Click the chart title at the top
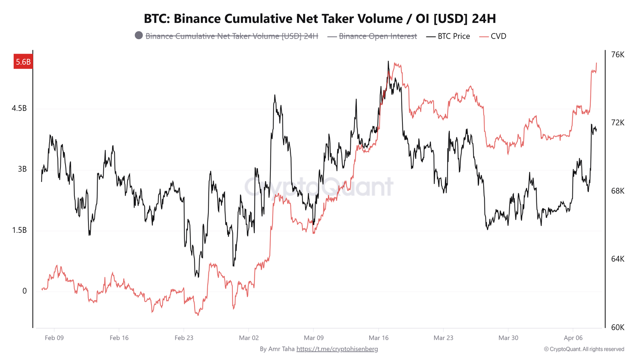pyautogui.click(x=320, y=18)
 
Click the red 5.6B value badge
pyautogui.click(x=23, y=62)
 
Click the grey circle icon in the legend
pyautogui.click(x=139, y=36)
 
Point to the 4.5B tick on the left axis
pyautogui.click(x=19, y=108)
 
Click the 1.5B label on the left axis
pyautogui.click(x=19, y=230)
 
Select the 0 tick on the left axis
pyautogui.click(x=24, y=291)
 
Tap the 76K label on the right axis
pyautogui.click(x=618, y=54)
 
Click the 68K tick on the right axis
pyautogui.click(x=618, y=191)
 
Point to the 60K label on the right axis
pyautogui.click(x=618, y=327)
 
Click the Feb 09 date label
pyautogui.click(x=54, y=338)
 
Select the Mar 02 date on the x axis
pyautogui.click(x=249, y=338)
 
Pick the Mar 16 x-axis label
pyautogui.click(x=378, y=338)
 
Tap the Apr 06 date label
pyautogui.click(x=573, y=338)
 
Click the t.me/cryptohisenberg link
pyautogui.click(x=337, y=349)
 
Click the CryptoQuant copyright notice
pyautogui.click(x=584, y=349)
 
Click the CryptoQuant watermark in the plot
pyautogui.click(x=319, y=187)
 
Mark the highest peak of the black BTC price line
pyautogui.click(x=388, y=62)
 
